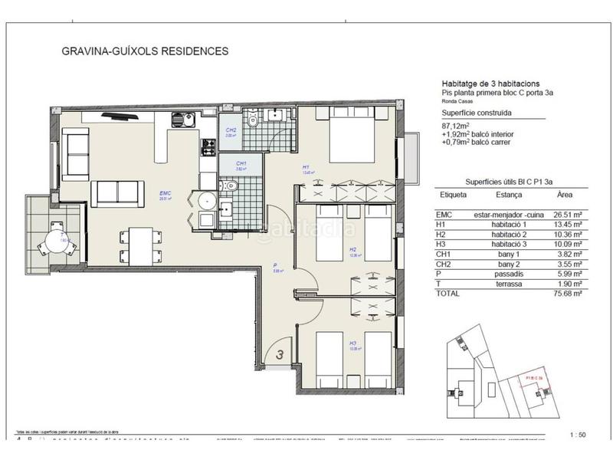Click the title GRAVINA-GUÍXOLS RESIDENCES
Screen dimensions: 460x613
pos(144,52)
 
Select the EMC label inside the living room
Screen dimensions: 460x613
pos(164,195)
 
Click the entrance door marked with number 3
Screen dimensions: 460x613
pos(280,355)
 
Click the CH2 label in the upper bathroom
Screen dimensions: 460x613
pos(231,131)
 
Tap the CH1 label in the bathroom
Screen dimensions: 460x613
pos(241,164)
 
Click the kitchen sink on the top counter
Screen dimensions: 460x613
pos(180,119)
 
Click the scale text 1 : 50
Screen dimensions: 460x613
pos(579,435)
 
